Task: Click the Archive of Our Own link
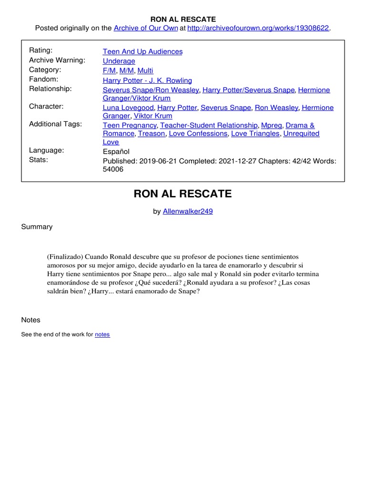click(145, 28)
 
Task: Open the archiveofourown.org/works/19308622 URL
click(258, 28)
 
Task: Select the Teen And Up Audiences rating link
click(142, 51)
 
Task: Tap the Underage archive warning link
click(119, 61)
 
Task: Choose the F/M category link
click(109, 70)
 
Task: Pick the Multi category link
click(145, 70)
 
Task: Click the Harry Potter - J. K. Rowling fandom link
click(147, 80)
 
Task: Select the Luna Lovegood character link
click(128, 107)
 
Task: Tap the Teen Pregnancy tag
click(129, 125)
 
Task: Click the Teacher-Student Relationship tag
click(209, 125)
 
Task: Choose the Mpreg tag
click(271, 125)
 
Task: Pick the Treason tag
click(151, 134)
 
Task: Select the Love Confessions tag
click(198, 134)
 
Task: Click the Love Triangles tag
click(255, 134)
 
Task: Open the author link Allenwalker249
click(188, 212)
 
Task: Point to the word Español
click(116, 151)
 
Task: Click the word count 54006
click(113, 169)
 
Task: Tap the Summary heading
click(37, 227)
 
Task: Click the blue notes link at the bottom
click(102, 334)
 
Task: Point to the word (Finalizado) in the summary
click(65, 257)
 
